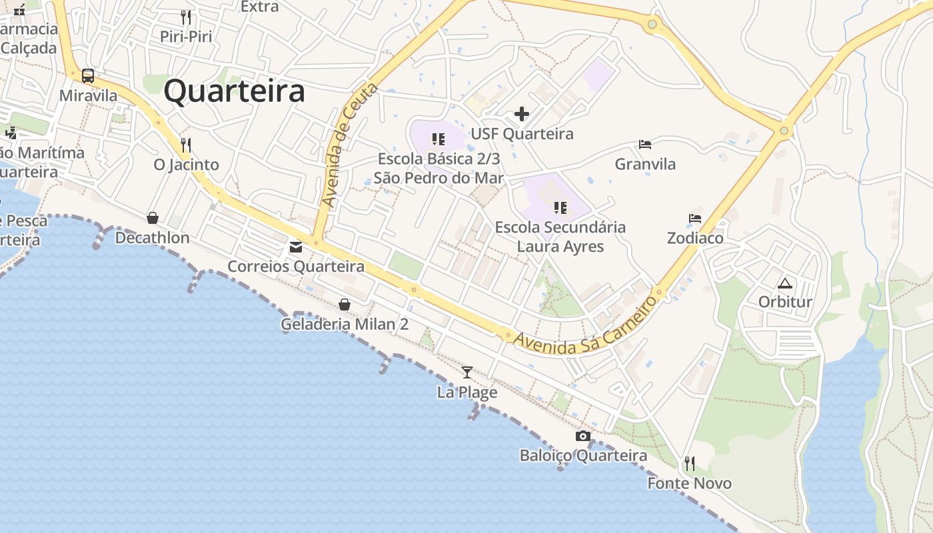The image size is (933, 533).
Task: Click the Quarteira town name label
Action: click(235, 91)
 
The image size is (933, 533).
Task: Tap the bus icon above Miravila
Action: click(88, 75)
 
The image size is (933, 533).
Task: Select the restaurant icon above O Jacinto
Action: click(186, 145)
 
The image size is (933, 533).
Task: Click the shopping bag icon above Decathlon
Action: click(153, 218)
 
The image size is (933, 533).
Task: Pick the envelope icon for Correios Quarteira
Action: click(296, 247)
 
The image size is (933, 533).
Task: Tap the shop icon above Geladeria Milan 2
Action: click(345, 304)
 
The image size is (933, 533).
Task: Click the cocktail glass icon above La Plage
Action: click(467, 372)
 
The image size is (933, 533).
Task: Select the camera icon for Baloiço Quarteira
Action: click(583, 436)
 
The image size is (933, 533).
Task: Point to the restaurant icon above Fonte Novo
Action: click(690, 464)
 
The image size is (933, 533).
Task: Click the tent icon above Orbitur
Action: click(785, 282)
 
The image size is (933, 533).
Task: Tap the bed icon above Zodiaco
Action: click(695, 219)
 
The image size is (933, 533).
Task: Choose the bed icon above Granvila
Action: click(645, 144)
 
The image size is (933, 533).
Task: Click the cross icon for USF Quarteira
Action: click(522, 114)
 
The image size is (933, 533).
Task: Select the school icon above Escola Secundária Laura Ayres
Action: click(560, 208)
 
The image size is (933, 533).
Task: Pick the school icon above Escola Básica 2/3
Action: click(438, 139)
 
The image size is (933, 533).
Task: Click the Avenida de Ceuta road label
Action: click(349, 145)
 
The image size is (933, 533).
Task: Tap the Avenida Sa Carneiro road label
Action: click(586, 326)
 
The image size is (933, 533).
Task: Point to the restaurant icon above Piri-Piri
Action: click(186, 17)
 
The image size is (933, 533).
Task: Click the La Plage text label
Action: click(467, 392)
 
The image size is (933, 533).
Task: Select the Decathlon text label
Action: click(153, 238)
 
